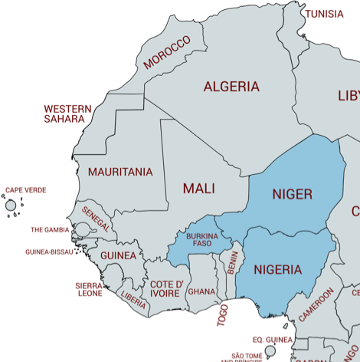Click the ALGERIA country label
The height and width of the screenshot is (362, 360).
(x=231, y=87)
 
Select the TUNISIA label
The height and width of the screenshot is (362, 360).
(x=324, y=14)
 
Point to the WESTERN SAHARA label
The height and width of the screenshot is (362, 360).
(x=67, y=114)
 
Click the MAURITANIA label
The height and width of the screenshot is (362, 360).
(x=119, y=172)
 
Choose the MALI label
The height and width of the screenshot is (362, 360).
(x=198, y=188)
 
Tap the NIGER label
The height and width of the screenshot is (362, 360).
(x=292, y=194)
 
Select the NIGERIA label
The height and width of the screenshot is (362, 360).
(x=277, y=269)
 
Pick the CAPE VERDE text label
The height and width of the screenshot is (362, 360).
(x=26, y=190)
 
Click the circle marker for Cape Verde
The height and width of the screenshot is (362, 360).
(x=11, y=206)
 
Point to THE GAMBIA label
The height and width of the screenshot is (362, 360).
(x=50, y=229)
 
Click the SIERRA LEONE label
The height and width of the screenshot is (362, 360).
(x=89, y=289)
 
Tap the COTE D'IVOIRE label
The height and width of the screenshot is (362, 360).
(x=166, y=289)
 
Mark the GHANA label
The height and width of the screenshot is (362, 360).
(x=201, y=291)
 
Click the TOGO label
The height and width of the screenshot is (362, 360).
(x=223, y=315)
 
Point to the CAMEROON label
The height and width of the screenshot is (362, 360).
(x=316, y=304)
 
